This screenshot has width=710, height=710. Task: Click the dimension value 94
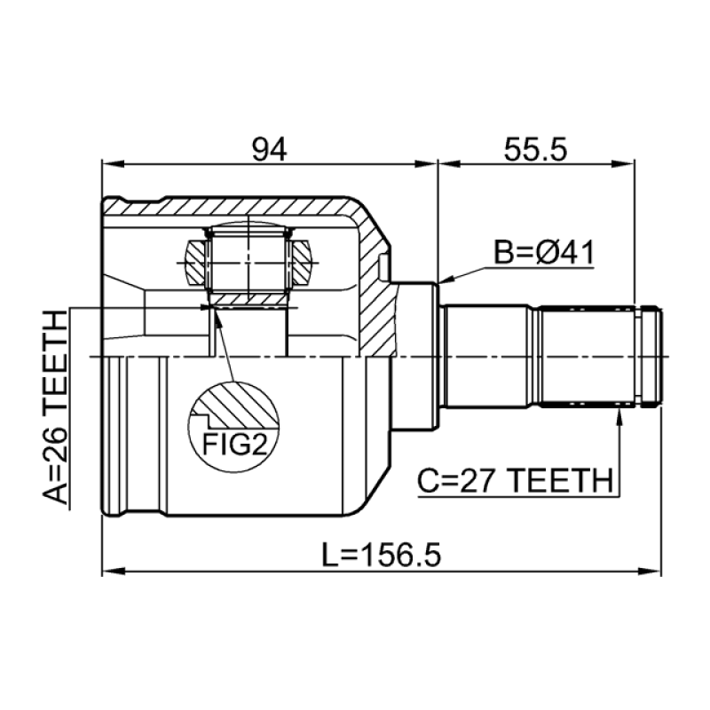tap(269, 149)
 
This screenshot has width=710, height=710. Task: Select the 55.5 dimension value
tap(535, 149)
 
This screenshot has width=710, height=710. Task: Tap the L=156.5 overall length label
tap(381, 556)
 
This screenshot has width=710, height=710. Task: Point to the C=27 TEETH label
tap(516, 480)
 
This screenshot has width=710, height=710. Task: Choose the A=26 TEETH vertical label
tap(56, 406)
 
